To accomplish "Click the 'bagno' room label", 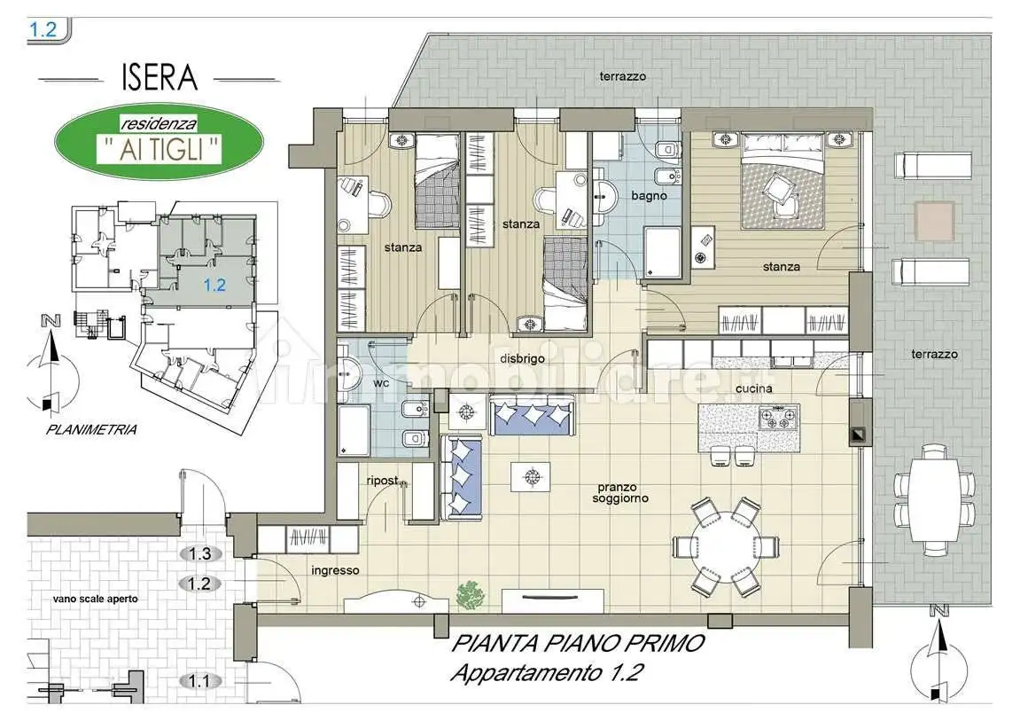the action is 649,195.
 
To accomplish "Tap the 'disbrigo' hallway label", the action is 522,358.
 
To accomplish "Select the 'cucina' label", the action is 754,388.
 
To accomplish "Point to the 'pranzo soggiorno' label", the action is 620,492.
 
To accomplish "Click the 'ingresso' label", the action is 335,571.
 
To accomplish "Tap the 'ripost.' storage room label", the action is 383,481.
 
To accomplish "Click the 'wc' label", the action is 381,382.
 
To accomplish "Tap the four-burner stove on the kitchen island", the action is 779,417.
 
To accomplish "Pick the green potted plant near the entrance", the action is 470,595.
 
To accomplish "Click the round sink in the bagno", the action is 606,194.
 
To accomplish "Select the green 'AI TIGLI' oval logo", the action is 159,141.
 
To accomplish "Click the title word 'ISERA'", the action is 160,77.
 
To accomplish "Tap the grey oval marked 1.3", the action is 199,553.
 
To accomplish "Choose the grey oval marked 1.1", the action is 199,681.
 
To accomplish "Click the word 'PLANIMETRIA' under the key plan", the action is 91,430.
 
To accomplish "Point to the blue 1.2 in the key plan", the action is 214,285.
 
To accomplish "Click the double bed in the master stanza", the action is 783,181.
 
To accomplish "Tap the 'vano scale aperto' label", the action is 96,599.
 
